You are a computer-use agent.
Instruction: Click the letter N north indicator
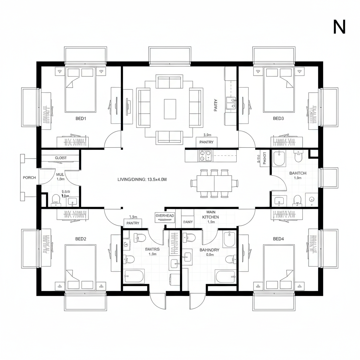coord(339,27)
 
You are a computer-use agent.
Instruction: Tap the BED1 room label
coord(81,118)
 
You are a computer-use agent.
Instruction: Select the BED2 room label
coord(81,239)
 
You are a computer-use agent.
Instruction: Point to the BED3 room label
coord(278,118)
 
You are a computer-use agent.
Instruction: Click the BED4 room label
coord(278,239)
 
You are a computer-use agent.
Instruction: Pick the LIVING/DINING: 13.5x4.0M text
coord(142,179)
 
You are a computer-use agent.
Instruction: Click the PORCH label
coord(29,178)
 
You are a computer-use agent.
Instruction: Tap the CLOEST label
coord(61,158)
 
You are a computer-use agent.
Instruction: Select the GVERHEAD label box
coord(165,216)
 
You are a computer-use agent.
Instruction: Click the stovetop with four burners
coord(205,155)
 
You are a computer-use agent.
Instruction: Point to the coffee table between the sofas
coord(170,109)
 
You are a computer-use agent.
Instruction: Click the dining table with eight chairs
coord(214,183)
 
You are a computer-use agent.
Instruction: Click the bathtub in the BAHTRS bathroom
coord(134,276)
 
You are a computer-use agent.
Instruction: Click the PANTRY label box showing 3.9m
coord(207,142)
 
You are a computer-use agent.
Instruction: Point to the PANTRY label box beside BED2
coord(133,223)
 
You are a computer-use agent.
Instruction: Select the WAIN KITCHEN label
coord(211,215)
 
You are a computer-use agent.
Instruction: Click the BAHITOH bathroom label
coord(297,173)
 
